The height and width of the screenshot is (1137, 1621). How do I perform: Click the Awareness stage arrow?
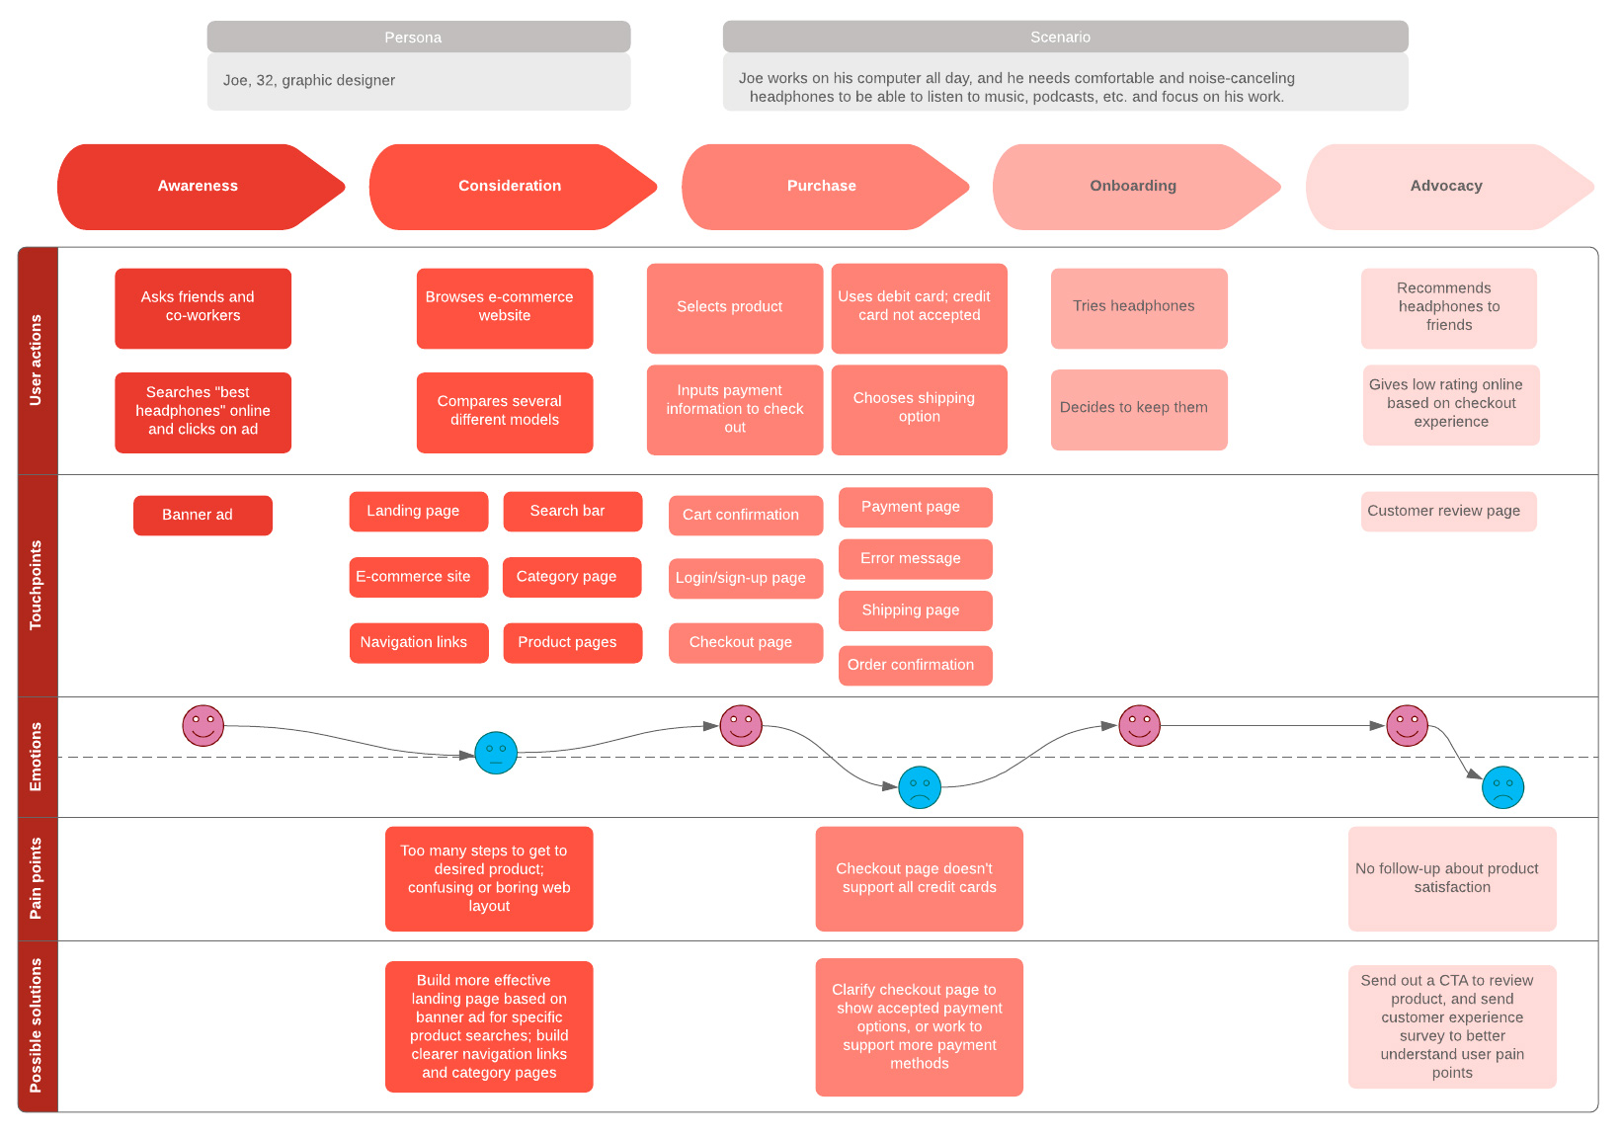pyautogui.click(x=198, y=187)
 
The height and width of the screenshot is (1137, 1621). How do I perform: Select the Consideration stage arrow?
pyautogui.click(x=510, y=187)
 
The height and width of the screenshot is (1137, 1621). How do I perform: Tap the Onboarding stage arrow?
pyautogui.click(x=1133, y=187)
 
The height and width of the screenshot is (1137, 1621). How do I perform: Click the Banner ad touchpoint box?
pyautogui.click(x=203, y=516)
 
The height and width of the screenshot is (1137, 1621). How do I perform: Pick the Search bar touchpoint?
pyautogui.click(x=572, y=512)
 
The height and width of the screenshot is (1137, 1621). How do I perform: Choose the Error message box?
pyautogui.click(x=915, y=559)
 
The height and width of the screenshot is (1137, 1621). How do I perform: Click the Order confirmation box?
pyautogui.click(x=915, y=666)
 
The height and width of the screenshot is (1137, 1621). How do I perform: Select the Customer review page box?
pyautogui.click(x=1448, y=512)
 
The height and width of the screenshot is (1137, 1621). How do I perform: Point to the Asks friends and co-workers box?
pyautogui.click(x=203, y=308)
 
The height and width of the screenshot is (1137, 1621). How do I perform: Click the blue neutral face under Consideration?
pyautogui.click(x=496, y=753)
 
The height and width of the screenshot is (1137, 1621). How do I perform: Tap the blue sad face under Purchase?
pyautogui.click(x=920, y=787)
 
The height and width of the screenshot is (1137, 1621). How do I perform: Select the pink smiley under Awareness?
pyautogui.click(x=203, y=726)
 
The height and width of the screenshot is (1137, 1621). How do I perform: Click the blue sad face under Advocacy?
pyautogui.click(x=1502, y=787)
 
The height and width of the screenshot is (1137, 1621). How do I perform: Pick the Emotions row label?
pyautogui.click(x=38, y=757)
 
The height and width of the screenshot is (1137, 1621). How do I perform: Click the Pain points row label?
pyautogui.click(x=38, y=878)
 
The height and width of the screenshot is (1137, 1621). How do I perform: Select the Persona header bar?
pyautogui.click(x=418, y=38)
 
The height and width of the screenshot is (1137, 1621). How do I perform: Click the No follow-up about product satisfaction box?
pyautogui.click(x=1451, y=878)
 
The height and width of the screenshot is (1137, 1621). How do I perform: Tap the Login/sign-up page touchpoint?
pyautogui.click(x=745, y=579)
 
